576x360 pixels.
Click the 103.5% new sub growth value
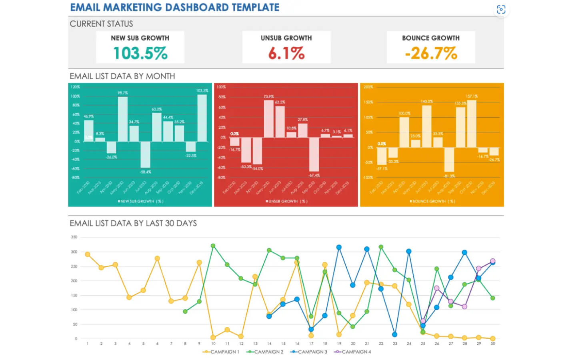tap(140, 53)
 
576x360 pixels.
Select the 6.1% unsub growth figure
tap(286, 53)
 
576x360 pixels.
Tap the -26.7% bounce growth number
tap(431, 53)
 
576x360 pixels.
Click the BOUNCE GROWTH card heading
tap(431, 38)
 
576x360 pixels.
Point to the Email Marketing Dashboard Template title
tap(175, 7)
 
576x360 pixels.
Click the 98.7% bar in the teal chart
tap(123, 119)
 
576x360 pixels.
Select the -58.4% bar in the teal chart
tap(145, 154)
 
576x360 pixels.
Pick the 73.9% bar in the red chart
tap(269, 119)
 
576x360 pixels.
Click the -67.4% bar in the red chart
tap(314, 154)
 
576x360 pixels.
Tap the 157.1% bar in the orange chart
tap(472, 124)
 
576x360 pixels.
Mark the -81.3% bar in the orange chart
tap(449, 160)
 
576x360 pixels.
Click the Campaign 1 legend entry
tap(221, 352)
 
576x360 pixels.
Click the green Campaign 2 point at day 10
tap(213, 246)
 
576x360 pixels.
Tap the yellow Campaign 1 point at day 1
tap(87, 254)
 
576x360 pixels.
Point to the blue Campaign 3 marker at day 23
tap(395, 334)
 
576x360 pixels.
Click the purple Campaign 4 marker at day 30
tap(493, 261)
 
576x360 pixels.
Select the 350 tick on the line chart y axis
tap(74, 237)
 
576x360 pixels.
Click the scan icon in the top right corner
tap(501, 10)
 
